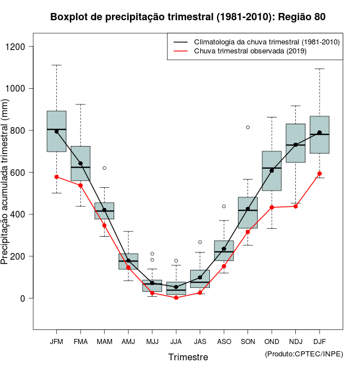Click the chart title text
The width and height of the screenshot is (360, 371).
(x=188, y=17)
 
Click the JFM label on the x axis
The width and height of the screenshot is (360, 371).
(x=56, y=341)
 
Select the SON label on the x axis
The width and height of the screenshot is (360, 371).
(x=247, y=341)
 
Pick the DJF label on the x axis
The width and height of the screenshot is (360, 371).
(x=319, y=341)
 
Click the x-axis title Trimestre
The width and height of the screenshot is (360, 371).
(x=188, y=357)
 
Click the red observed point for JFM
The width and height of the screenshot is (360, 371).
(x=56, y=177)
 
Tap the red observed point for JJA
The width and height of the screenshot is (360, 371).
(x=176, y=297)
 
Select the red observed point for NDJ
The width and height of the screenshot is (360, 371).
(x=295, y=206)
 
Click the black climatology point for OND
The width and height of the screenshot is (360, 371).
(x=272, y=170)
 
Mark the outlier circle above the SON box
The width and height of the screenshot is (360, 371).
(x=247, y=127)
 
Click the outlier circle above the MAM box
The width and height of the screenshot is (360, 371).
(x=104, y=168)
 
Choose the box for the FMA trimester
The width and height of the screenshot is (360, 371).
(x=80, y=163)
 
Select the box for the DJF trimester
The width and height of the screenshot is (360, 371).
(x=319, y=134)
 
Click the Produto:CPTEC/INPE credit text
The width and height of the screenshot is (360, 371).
(x=304, y=354)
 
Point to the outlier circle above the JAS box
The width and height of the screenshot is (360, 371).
(x=200, y=242)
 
